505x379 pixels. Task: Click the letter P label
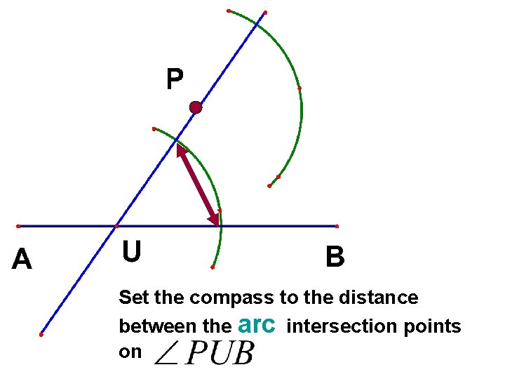point(175,79)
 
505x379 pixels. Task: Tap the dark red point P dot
point(196,107)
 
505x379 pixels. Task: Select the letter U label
point(130,251)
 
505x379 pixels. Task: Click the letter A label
point(22,260)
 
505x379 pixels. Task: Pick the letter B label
point(335,258)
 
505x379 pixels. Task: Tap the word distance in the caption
point(381,298)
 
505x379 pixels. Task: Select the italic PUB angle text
point(220,353)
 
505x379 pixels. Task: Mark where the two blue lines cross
point(116,226)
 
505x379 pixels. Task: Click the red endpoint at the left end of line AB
point(18,226)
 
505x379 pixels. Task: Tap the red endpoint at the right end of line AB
point(337,226)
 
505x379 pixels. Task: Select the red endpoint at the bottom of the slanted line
point(41,335)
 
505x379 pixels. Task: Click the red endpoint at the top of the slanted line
point(265,12)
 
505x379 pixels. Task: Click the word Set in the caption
point(134,298)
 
